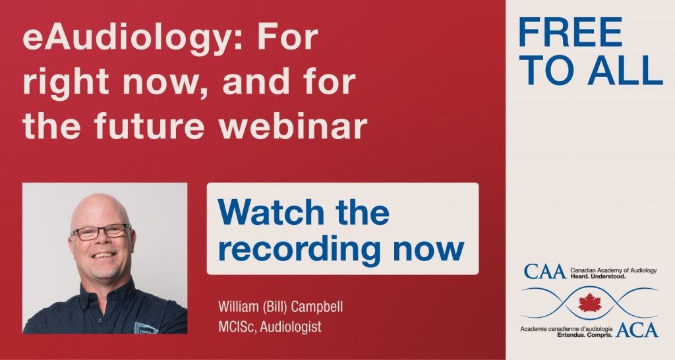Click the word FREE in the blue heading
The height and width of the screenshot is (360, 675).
click(571, 32)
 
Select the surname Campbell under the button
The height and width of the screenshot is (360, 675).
click(317, 307)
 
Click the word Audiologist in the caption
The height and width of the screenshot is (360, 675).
click(291, 327)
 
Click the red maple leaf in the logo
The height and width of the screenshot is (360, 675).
click(590, 302)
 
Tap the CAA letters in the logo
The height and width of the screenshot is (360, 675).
click(544, 272)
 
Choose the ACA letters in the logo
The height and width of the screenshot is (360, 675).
click(637, 330)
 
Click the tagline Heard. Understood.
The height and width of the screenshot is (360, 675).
click(598, 276)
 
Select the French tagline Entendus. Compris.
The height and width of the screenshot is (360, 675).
click(585, 334)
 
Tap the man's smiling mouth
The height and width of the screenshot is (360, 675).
click(103, 255)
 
